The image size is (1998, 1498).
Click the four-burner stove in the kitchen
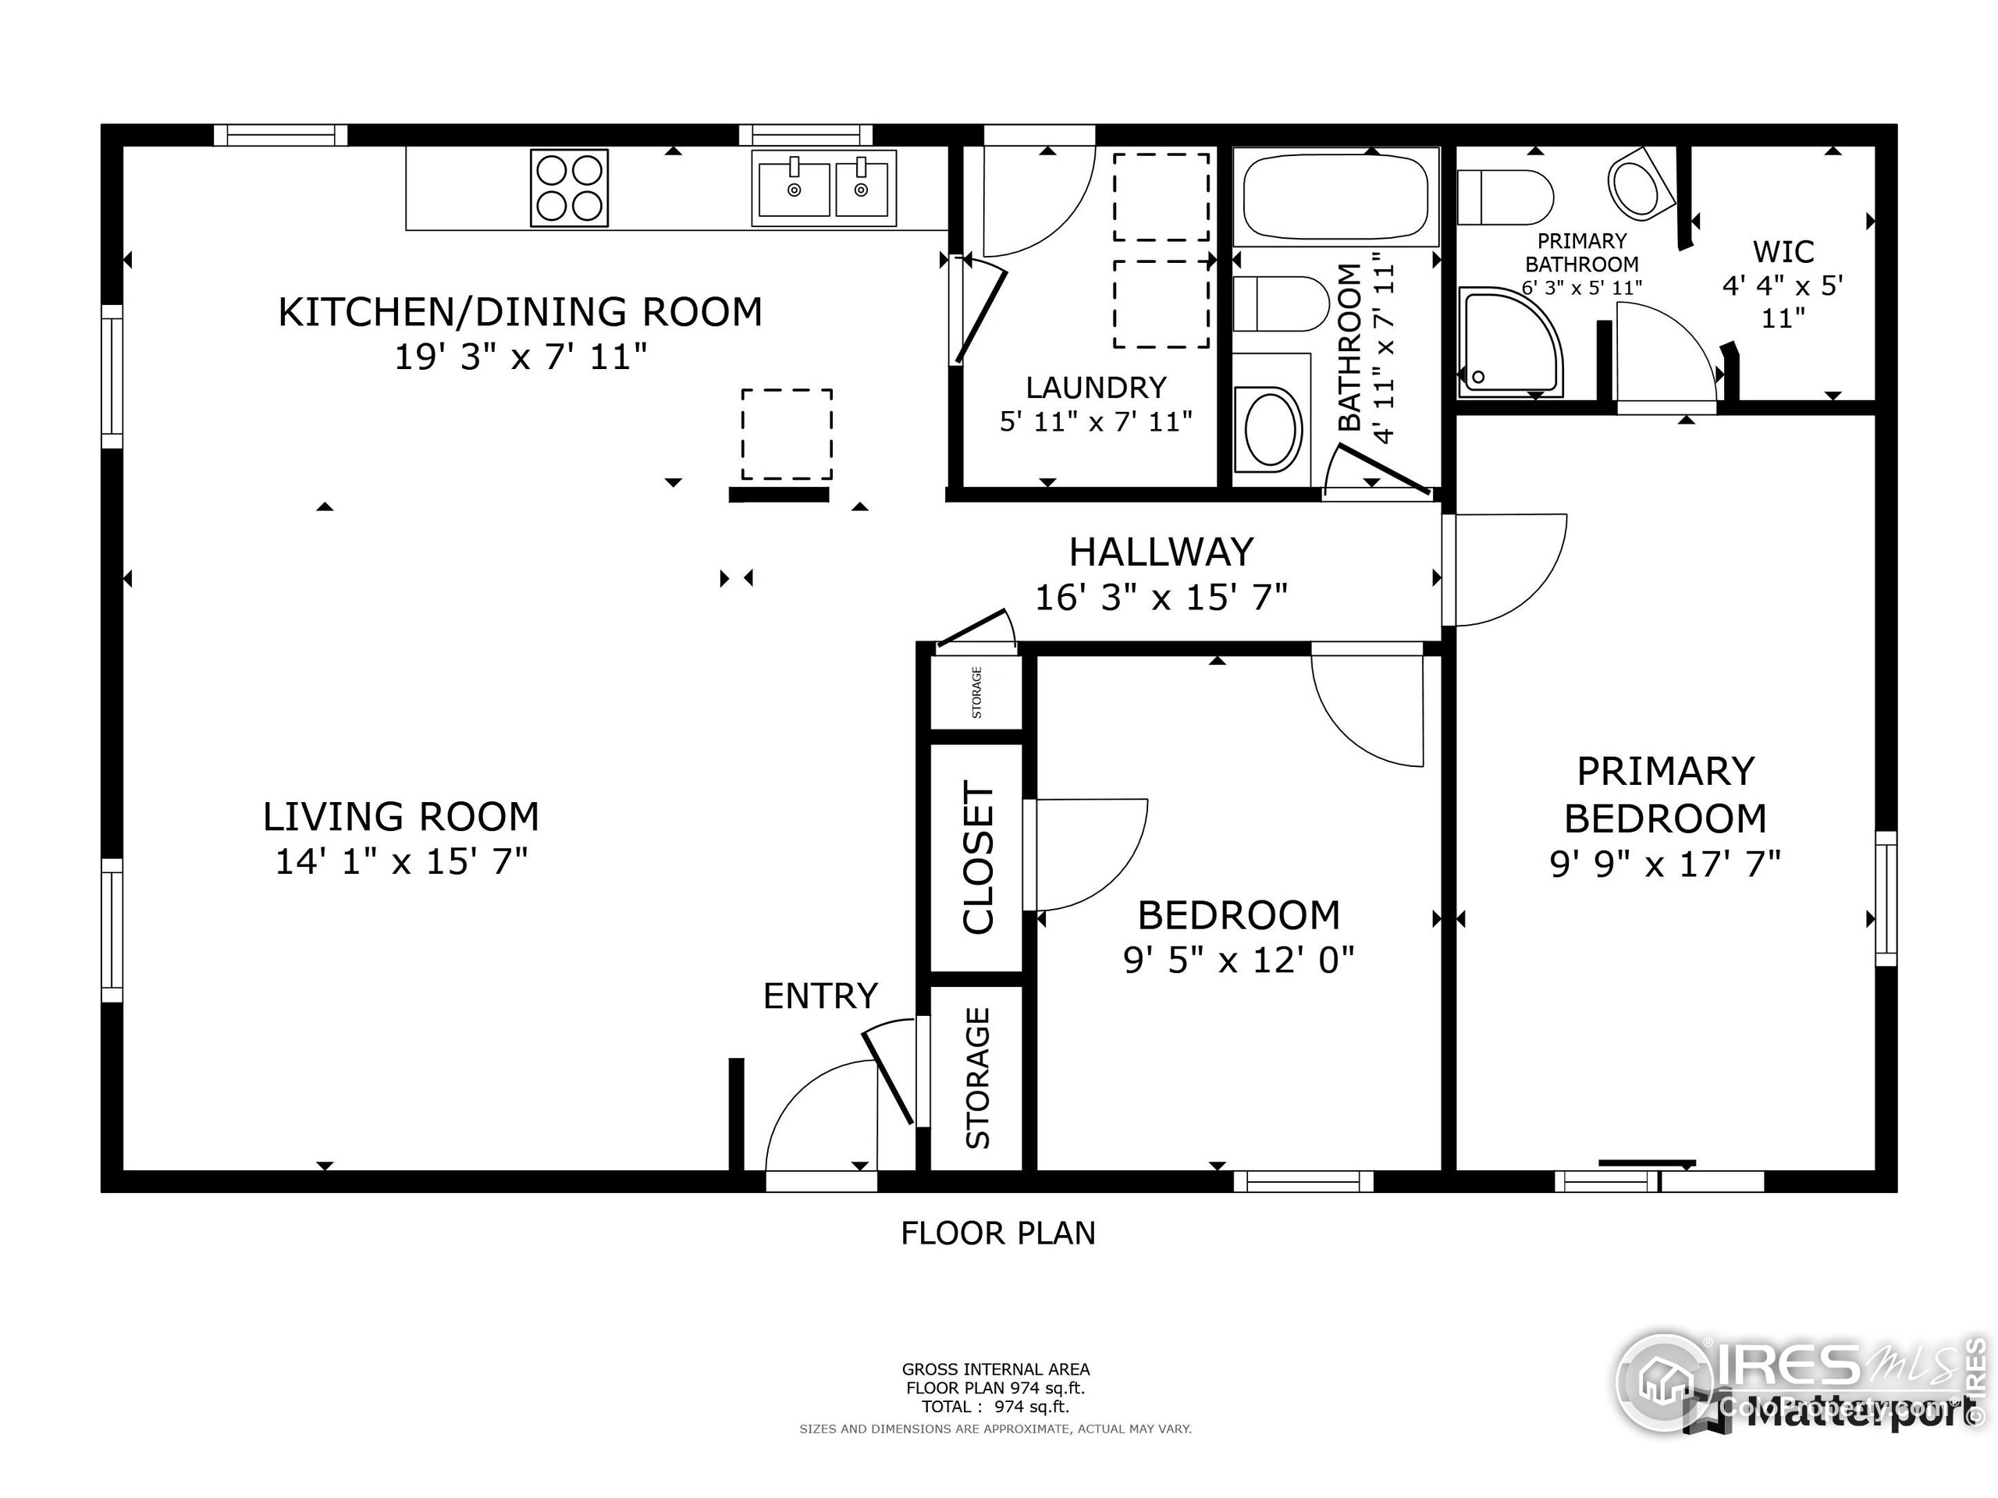(x=569, y=188)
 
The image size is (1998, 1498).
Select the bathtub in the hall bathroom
(x=1335, y=196)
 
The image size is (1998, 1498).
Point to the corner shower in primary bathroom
(x=1509, y=341)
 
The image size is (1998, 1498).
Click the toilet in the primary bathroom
(x=1505, y=197)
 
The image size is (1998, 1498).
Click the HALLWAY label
(x=1161, y=552)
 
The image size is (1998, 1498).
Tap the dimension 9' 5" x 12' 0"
(x=1239, y=960)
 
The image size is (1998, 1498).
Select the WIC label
(x=1783, y=251)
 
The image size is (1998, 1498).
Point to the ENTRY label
(x=820, y=996)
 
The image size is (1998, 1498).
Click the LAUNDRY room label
(x=1096, y=387)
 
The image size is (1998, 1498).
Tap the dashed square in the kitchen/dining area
(x=787, y=435)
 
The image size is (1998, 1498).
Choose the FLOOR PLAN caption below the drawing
(x=997, y=1234)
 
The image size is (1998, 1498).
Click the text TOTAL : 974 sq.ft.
(x=995, y=1407)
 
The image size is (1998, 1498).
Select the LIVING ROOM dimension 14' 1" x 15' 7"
(x=401, y=861)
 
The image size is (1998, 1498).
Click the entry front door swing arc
(x=817, y=1113)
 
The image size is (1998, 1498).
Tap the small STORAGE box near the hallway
(x=976, y=693)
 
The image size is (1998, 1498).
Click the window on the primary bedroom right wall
(x=1885, y=899)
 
